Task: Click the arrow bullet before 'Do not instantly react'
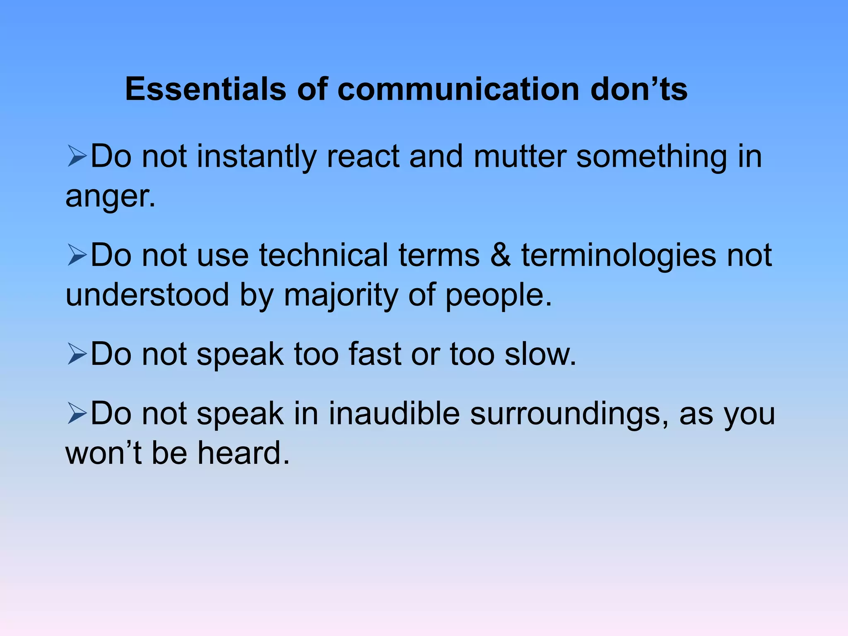[x=77, y=157]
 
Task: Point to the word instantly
[x=256, y=157]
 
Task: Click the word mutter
[x=520, y=157]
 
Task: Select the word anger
[x=110, y=196]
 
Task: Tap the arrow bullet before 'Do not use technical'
[x=77, y=255]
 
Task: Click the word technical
[x=323, y=255]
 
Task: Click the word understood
[x=147, y=295]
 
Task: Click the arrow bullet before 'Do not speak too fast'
[x=77, y=354]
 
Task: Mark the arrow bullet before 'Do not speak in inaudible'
[x=77, y=414]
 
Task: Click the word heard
[x=243, y=453]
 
